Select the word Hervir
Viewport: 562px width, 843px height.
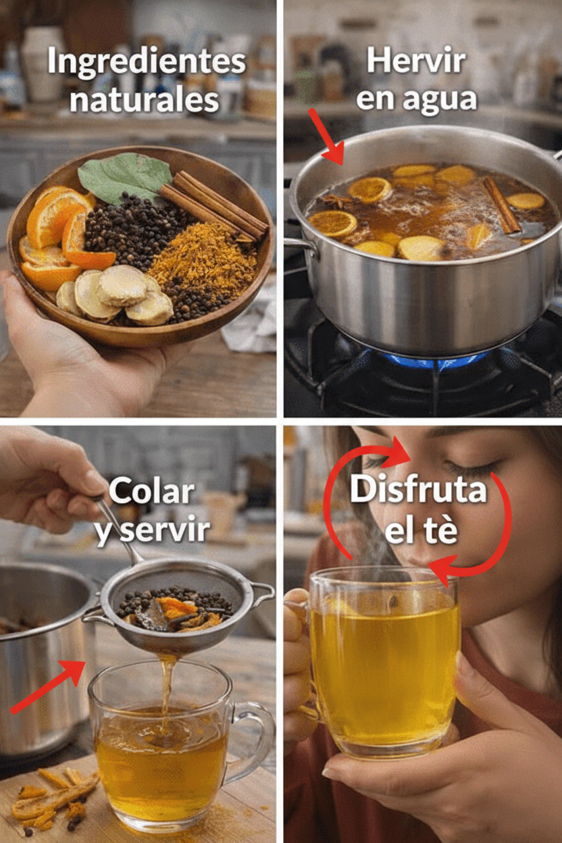pyautogui.click(x=416, y=61)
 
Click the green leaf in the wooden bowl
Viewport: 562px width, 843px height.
pyautogui.click(x=124, y=176)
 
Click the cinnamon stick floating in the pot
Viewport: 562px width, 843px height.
pyautogui.click(x=502, y=205)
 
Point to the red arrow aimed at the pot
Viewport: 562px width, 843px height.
pyautogui.click(x=326, y=137)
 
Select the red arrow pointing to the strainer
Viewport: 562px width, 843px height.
pyautogui.click(x=49, y=686)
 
